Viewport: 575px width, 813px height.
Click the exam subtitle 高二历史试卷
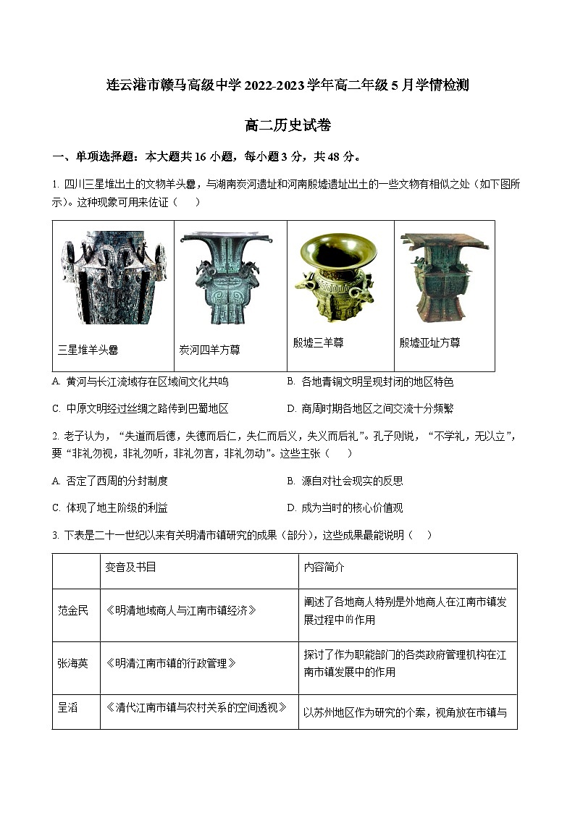pyautogui.click(x=287, y=125)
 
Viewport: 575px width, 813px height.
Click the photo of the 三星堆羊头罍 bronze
pyautogui.click(x=113, y=278)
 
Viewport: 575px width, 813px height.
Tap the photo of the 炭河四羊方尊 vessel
pyautogui.click(x=229, y=278)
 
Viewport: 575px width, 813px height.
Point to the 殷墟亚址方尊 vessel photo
pyautogui.click(x=444, y=277)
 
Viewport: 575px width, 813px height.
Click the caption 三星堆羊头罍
pyautogui.click(x=88, y=350)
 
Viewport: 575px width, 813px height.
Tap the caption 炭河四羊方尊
pyautogui.click(x=209, y=350)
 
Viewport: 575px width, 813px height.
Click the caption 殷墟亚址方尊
pyautogui.click(x=429, y=342)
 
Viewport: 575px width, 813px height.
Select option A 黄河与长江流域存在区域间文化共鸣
pyautogui.click(x=141, y=382)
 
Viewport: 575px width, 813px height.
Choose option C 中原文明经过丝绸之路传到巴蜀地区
pyautogui.click(x=141, y=408)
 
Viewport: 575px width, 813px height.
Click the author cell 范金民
pyautogui.click(x=73, y=610)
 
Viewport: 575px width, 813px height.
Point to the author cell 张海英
pyautogui.click(x=73, y=663)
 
